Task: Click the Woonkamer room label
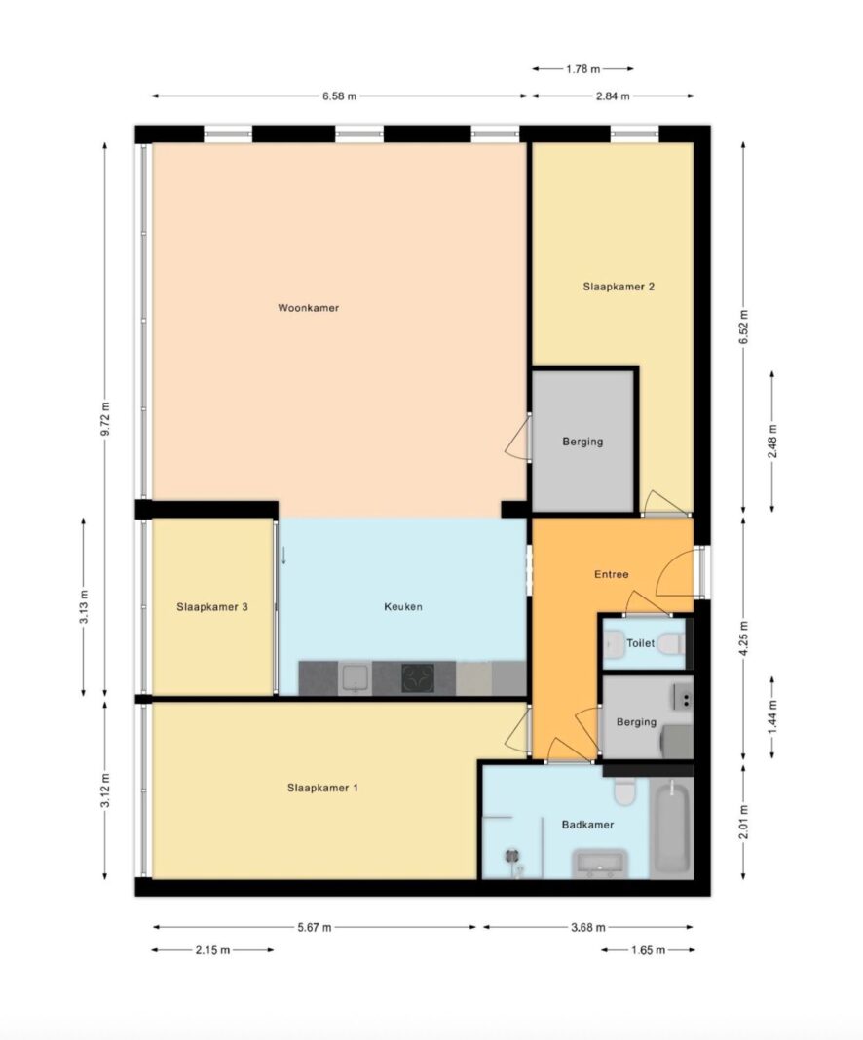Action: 308,308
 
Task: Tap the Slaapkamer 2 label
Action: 619,287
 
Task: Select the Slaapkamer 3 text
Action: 212,607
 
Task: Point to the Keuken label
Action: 403,607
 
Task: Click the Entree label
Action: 611,574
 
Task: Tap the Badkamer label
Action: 587,825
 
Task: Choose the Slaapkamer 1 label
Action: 322,788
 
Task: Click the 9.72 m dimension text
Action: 105,419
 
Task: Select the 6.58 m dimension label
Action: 339,96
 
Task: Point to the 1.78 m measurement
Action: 583,69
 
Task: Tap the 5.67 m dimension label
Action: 315,927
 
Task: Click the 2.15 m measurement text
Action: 212,950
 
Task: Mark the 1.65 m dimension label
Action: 648,950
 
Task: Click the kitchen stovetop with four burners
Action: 418,677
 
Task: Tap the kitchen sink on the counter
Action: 356,677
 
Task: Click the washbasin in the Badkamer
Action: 600,864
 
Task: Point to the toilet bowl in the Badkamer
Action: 624,790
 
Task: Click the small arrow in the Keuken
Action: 283,556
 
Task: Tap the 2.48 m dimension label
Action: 772,442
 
